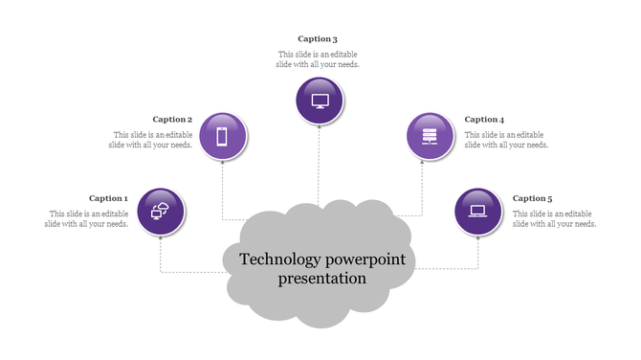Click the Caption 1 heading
pos(108,199)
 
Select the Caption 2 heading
pos(172,120)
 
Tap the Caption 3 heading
pos(318,39)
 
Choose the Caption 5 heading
pos(532,199)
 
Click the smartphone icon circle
pos(223,136)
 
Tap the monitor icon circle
pos(320,101)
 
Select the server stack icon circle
pos(431,136)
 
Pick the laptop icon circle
pos(478,212)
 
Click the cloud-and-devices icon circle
pos(161,212)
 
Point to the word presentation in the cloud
pos(322,280)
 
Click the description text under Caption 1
pos(86,219)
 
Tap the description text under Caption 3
pos(319,59)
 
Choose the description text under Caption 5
pos(555,219)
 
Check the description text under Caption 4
pos(506,140)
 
